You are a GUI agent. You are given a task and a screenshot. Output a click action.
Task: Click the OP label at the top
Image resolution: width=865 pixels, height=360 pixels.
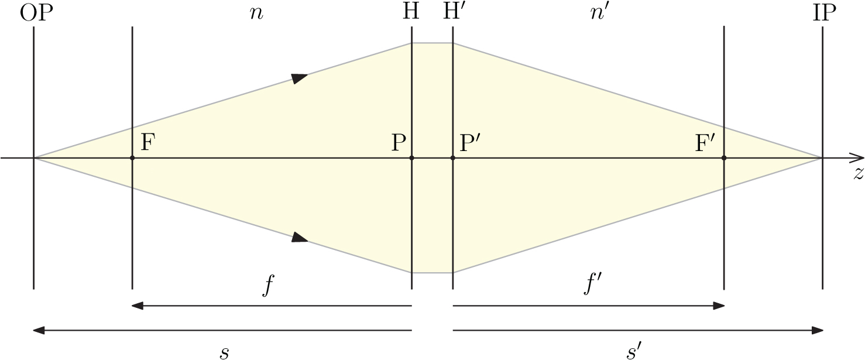point(36,13)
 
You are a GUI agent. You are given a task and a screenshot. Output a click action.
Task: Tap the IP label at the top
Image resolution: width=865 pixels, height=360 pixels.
point(825,13)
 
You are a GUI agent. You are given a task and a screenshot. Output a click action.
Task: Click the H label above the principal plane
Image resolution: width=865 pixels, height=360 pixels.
point(411,13)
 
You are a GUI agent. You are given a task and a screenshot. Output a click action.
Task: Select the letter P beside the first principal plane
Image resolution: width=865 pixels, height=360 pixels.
point(399,143)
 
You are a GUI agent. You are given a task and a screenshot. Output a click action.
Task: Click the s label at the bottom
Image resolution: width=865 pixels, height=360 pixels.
point(225,351)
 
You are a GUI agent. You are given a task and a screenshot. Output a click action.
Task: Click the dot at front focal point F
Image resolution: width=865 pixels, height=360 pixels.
point(133,158)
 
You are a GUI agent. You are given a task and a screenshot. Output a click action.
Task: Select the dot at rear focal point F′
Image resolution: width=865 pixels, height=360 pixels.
point(724,158)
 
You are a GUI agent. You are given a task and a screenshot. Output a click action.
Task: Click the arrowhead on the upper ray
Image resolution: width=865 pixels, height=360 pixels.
point(300,78)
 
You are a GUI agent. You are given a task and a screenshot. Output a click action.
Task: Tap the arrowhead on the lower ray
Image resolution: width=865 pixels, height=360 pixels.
point(300,237)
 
